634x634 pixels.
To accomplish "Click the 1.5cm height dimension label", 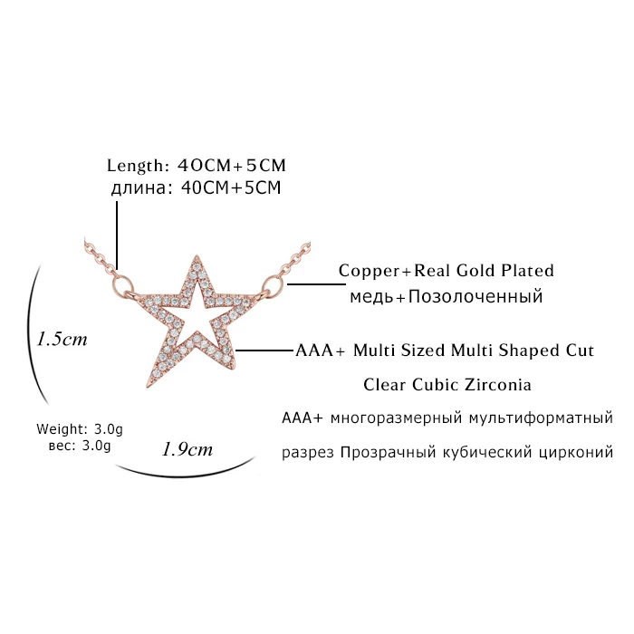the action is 62,339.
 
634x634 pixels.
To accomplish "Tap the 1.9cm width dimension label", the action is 187,449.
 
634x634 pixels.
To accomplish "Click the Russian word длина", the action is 139,188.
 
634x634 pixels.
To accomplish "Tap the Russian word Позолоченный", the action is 475,296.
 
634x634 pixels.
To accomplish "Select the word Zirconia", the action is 498,385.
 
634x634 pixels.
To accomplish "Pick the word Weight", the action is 62,428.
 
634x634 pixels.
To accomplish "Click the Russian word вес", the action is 61,446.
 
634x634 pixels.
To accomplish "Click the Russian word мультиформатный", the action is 541,418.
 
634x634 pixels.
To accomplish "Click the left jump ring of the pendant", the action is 121,283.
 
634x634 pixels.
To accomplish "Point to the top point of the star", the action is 197,256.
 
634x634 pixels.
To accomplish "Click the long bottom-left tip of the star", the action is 147,388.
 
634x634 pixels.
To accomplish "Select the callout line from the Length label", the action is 117,235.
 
